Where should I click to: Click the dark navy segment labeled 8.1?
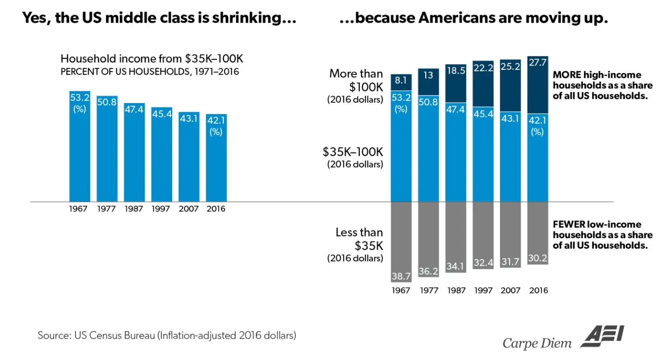401,82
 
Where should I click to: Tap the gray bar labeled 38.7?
401,242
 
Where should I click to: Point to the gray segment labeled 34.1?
455,237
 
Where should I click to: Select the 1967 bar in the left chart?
80,146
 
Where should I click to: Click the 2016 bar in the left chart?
216,158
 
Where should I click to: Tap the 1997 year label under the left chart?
161,209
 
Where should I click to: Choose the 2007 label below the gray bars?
510,291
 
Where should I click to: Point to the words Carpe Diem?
537,343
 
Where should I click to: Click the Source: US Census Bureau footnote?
166,336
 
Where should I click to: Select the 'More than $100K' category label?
356,86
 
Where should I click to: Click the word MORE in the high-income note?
567,75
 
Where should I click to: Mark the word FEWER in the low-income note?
569,225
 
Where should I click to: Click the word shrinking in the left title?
253,18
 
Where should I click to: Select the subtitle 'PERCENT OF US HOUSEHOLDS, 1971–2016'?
149,72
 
